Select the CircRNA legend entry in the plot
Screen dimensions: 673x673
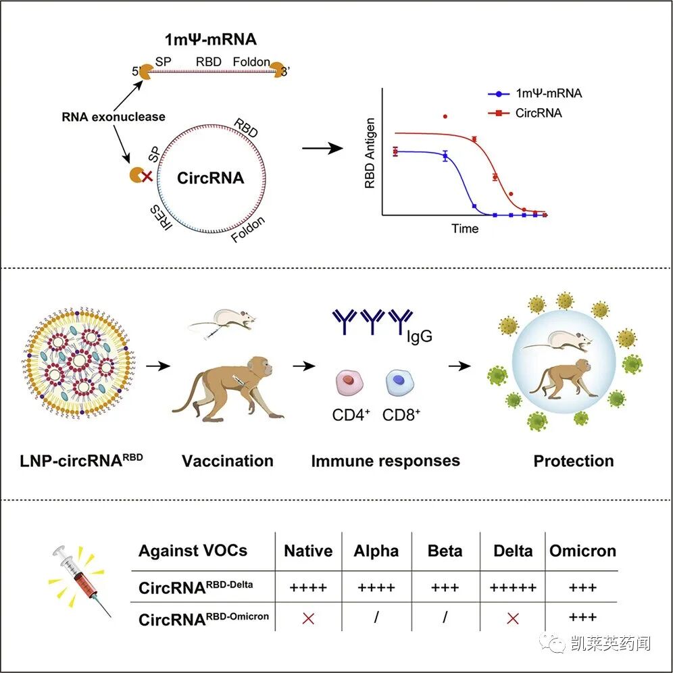pyautogui.click(x=537, y=113)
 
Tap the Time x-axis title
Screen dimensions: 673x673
pyautogui.click(x=465, y=228)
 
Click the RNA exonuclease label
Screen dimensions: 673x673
pyautogui.click(x=113, y=116)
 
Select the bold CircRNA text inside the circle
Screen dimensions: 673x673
pyautogui.click(x=210, y=178)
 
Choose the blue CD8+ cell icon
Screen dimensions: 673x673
pyautogui.click(x=398, y=382)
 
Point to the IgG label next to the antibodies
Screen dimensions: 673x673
pyautogui.click(x=418, y=335)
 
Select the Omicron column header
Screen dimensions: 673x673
pyautogui.click(x=582, y=551)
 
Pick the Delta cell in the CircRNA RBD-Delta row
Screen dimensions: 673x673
pyautogui.click(x=514, y=587)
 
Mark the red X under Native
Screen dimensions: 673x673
pyautogui.click(x=308, y=617)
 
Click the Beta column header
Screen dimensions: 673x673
pyautogui.click(x=445, y=551)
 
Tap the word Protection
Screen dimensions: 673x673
pyautogui.click(x=574, y=461)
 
